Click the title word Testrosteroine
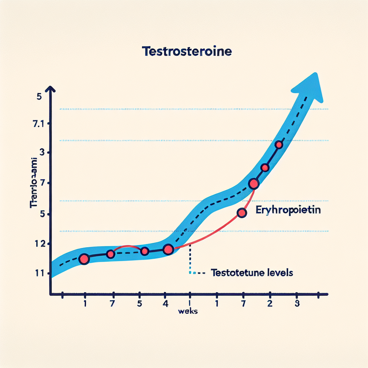(187, 51)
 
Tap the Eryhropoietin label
(288, 210)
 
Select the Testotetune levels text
(252, 273)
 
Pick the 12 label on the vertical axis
(38, 244)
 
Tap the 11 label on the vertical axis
(38, 273)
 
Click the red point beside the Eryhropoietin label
(242, 213)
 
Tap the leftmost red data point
(84, 259)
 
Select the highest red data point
(279, 145)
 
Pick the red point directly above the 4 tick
(168, 249)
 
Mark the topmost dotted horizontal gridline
(194, 109)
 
